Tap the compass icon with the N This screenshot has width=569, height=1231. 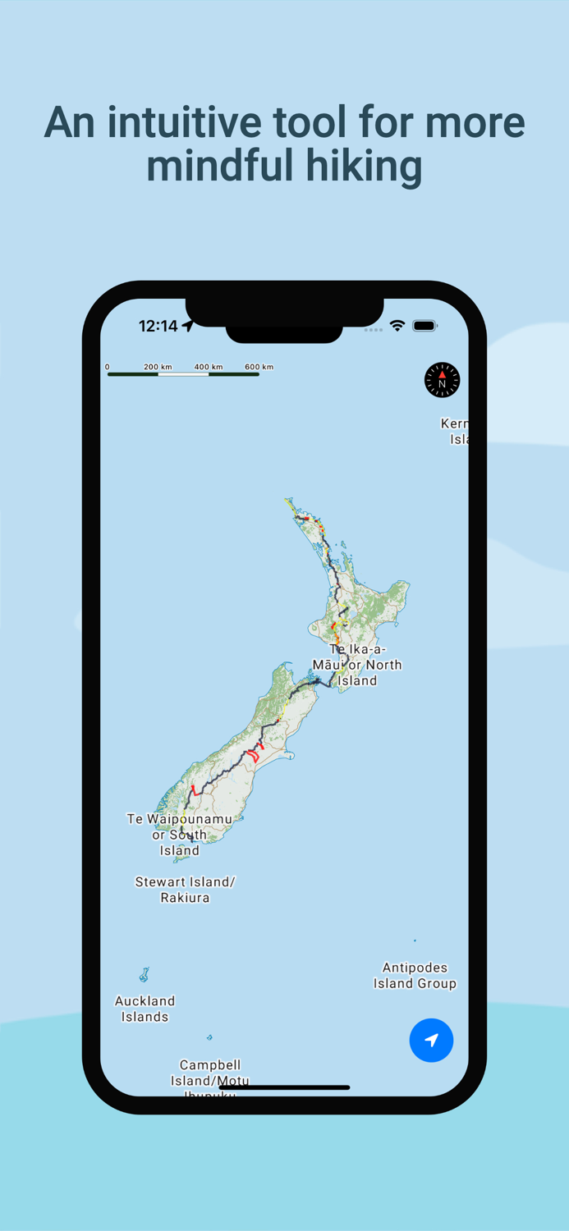(x=442, y=381)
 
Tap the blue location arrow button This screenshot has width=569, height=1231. (x=431, y=1040)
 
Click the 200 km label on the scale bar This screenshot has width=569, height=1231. (x=158, y=367)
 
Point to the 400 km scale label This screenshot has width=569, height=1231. (x=209, y=367)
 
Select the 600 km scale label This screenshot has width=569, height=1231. (x=259, y=367)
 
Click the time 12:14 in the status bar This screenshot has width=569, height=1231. (x=158, y=326)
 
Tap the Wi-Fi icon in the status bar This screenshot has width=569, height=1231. (x=397, y=326)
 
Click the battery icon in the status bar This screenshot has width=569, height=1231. (x=424, y=326)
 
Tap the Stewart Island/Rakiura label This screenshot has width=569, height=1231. (x=185, y=890)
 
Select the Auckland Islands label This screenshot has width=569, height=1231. (x=145, y=1009)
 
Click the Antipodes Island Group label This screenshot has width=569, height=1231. (x=415, y=975)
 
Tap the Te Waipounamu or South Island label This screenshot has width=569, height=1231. (x=179, y=834)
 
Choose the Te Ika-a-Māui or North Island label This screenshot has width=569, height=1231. (x=357, y=665)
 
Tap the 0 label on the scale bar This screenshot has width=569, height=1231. (x=108, y=367)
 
